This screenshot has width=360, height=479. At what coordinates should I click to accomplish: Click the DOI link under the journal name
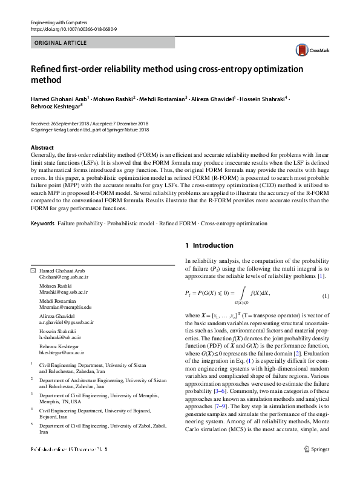click(x=73, y=29)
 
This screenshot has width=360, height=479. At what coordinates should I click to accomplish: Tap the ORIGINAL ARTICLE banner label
click(x=61, y=43)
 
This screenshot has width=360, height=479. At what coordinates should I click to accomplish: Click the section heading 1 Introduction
click(x=209, y=245)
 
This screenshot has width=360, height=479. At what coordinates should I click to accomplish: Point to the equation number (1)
click(x=325, y=296)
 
